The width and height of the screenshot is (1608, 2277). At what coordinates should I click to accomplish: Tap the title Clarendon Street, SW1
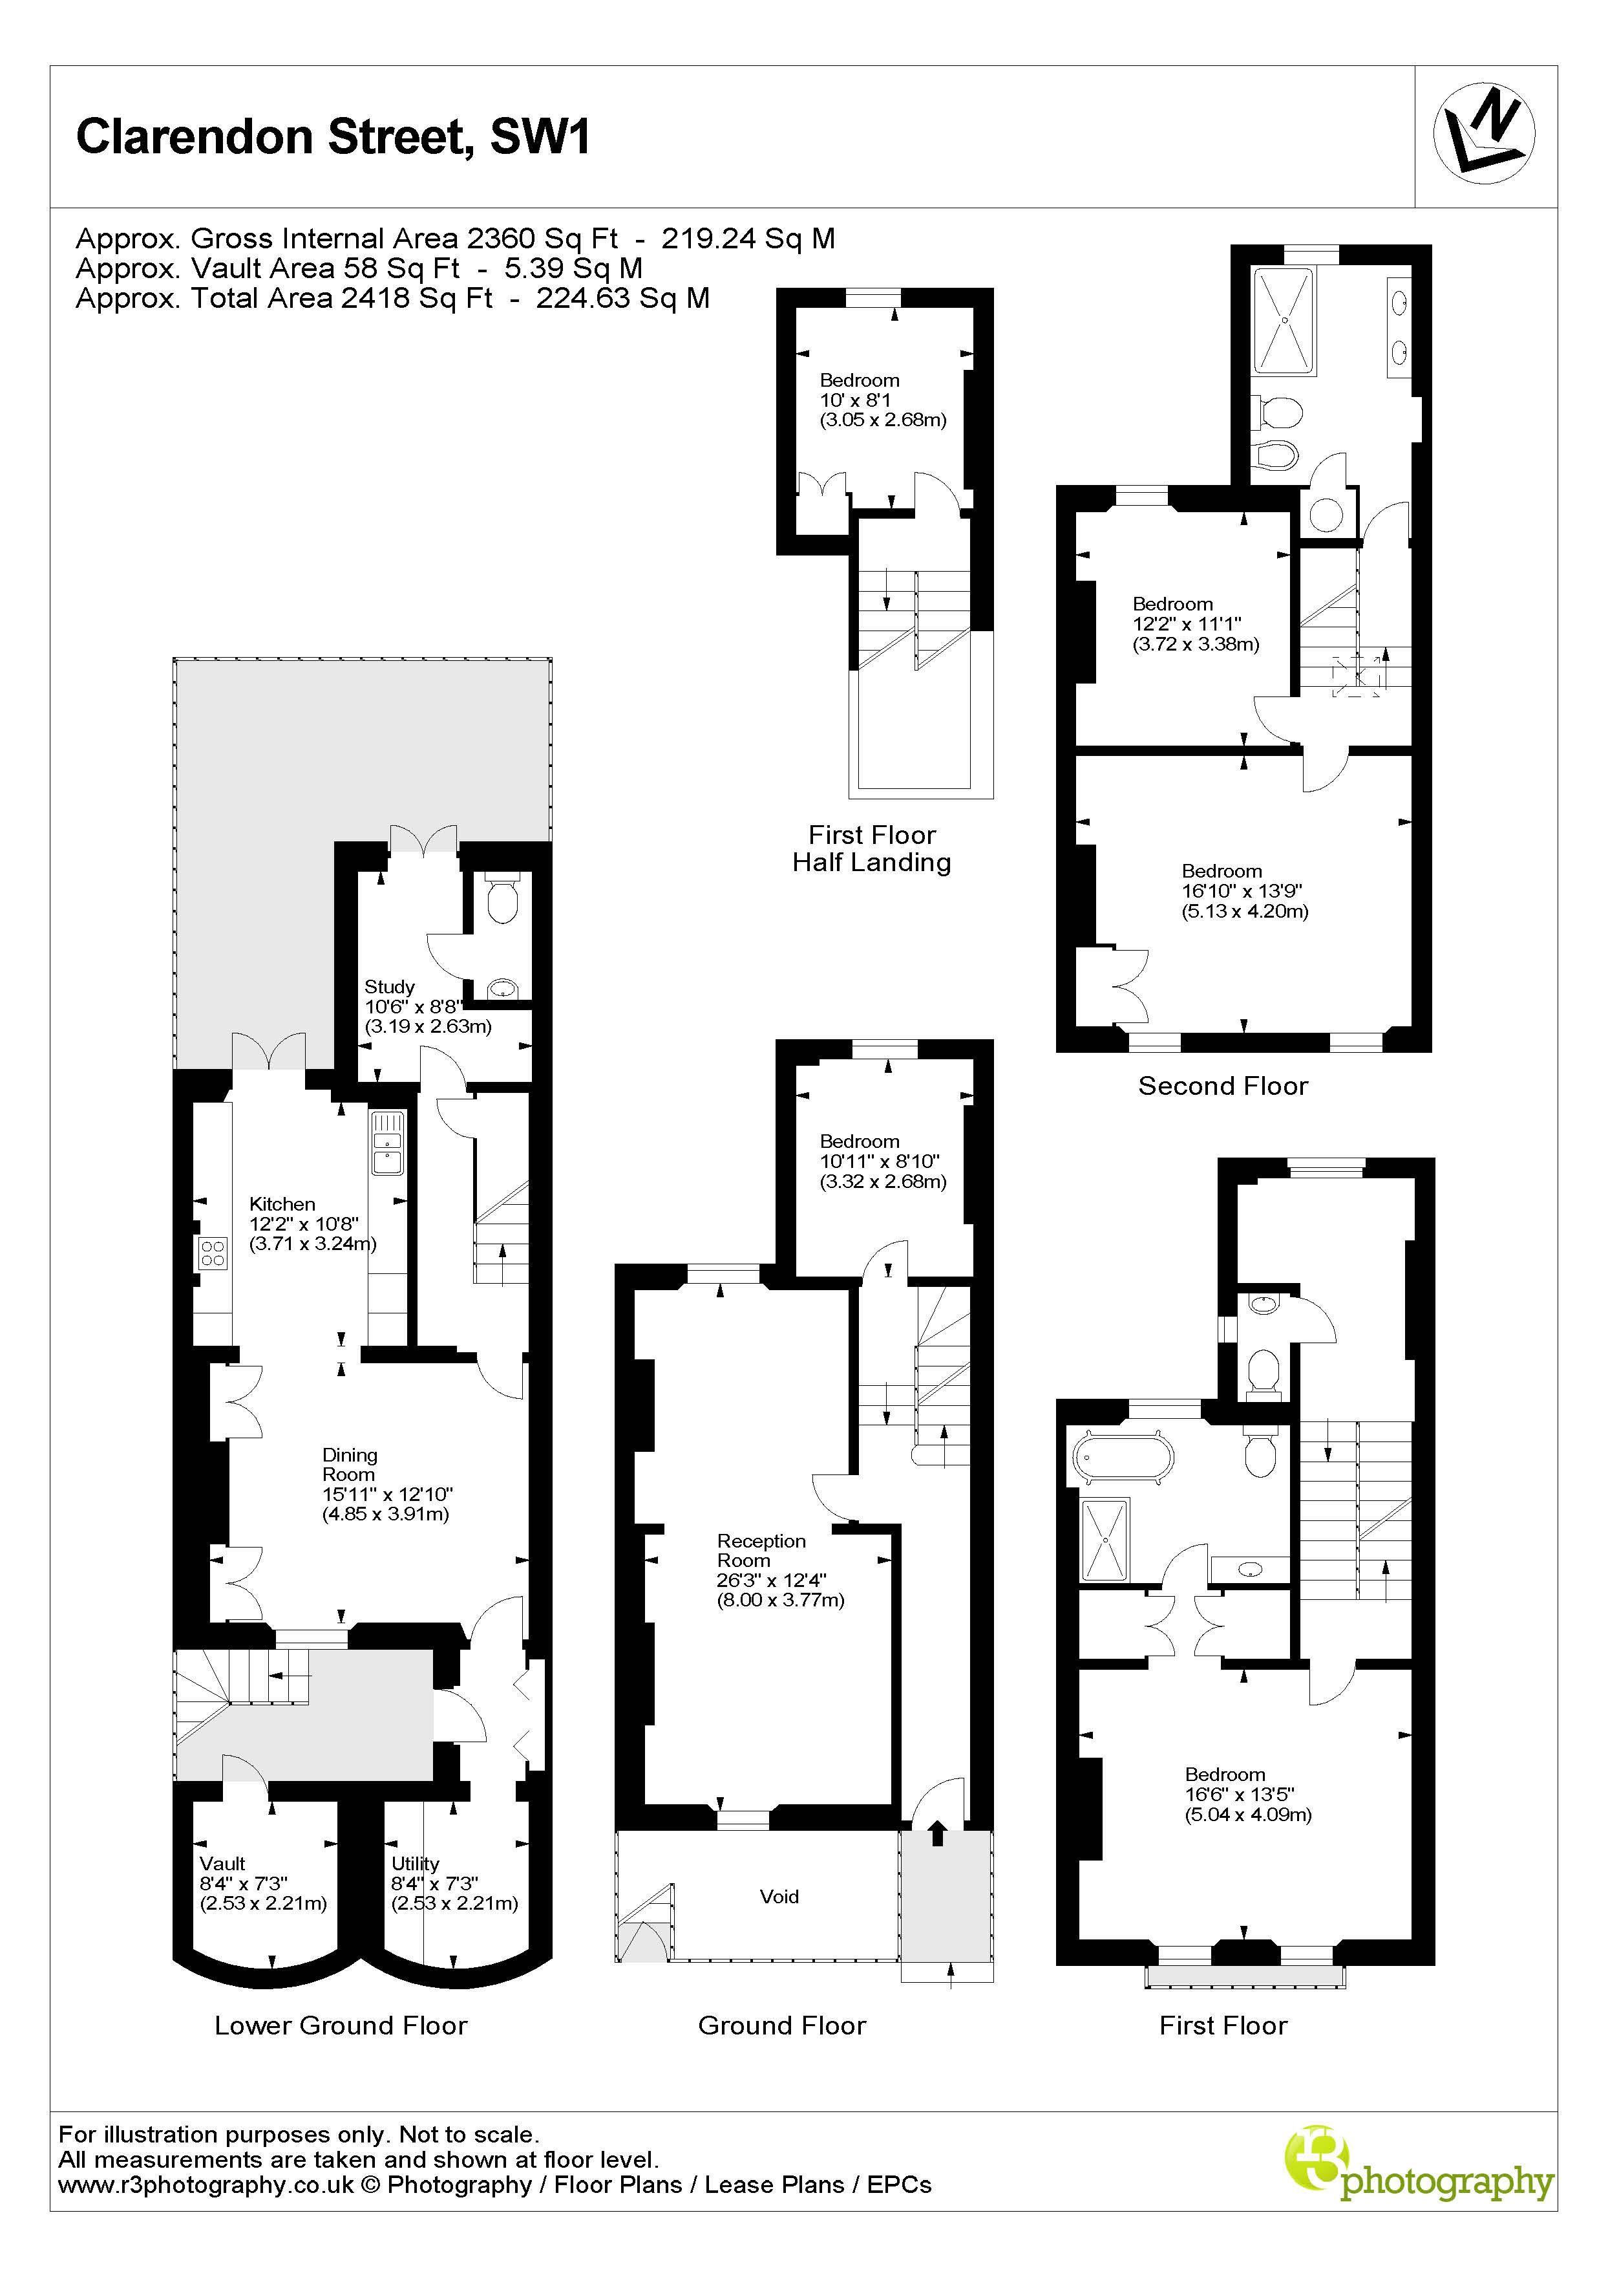point(333,137)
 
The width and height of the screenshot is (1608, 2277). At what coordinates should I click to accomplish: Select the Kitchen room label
point(282,1204)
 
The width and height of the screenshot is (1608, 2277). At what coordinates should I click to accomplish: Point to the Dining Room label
point(349,1464)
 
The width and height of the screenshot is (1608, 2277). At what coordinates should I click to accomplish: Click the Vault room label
point(222,1864)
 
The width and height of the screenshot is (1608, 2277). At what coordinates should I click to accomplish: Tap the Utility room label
point(414,1864)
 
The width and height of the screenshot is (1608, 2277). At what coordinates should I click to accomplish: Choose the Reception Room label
point(761,1550)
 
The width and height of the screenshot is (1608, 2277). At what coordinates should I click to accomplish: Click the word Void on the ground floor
point(779,1896)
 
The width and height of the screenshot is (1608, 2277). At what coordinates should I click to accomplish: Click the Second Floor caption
point(1222,1086)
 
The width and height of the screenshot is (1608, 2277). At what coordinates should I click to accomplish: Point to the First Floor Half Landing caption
point(871,849)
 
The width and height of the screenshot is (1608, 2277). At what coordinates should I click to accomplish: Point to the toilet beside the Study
point(503,896)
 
